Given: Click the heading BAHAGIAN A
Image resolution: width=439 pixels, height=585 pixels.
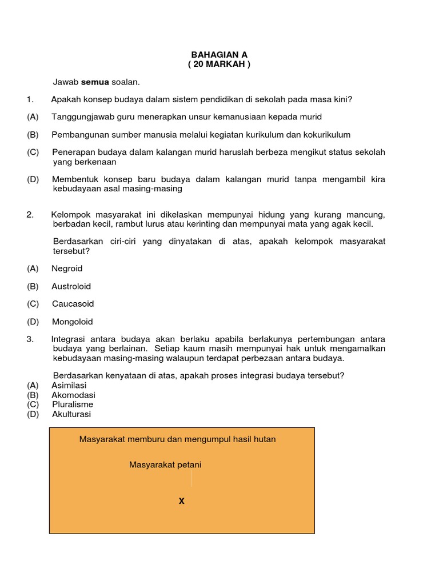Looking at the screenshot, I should click(219, 55).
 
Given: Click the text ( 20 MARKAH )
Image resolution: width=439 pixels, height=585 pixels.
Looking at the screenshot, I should click(219, 64).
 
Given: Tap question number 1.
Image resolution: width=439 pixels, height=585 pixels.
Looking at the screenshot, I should click(30, 99).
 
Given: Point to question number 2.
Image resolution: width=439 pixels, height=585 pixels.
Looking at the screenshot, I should click(30, 214).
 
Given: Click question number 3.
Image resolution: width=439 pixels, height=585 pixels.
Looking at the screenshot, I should click(30, 339).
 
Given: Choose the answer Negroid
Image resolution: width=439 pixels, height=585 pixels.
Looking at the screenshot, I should click(67, 269).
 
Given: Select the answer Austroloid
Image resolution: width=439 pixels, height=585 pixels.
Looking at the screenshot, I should click(71, 286).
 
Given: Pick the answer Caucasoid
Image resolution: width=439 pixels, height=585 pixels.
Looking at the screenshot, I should click(73, 304).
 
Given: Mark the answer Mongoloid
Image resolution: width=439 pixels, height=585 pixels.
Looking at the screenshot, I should click(72, 322).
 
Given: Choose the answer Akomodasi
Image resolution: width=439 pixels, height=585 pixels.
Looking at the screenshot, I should click(73, 395).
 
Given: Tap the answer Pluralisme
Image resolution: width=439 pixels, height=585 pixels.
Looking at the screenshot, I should click(73, 404).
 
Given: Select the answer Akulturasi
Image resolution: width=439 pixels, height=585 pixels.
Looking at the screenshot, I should click(71, 414).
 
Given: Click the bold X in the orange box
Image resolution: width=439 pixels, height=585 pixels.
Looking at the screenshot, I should click(182, 502).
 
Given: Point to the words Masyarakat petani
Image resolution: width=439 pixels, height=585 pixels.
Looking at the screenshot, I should click(165, 465).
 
